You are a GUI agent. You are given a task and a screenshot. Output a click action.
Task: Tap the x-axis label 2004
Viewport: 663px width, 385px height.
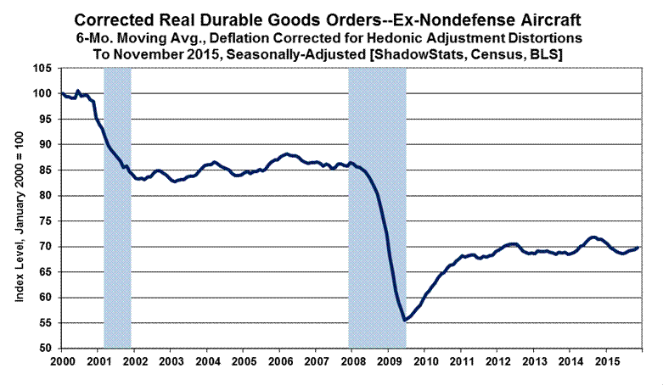pyautogui.click(x=206, y=362)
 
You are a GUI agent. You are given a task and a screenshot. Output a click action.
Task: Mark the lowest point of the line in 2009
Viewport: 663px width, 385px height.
pyautogui.click(x=405, y=320)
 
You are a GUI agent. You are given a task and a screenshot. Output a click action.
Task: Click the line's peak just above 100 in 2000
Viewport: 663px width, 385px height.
pyautogui.click(x=77, y=91)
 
